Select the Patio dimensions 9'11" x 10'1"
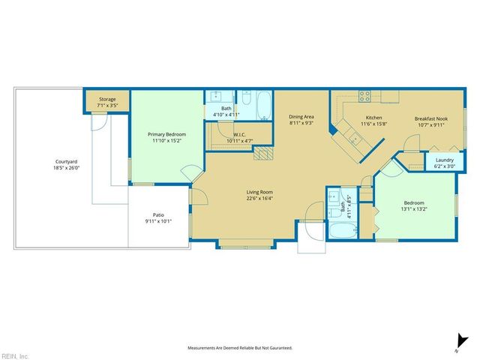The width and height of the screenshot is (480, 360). tap(158, 221)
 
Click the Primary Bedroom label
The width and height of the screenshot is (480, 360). tap(165, 134)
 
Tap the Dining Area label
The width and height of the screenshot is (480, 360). tap(301, 117)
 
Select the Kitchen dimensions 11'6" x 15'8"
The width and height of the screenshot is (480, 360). tap(374, 124)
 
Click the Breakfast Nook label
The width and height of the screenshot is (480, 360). tap(430, 118)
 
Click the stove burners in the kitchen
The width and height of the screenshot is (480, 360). tap(364, 96)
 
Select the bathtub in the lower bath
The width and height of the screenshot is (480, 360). tap(342, 229)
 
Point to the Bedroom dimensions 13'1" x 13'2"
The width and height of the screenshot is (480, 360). tap(414, 209)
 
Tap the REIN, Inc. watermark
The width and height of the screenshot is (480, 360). tap(14, 355)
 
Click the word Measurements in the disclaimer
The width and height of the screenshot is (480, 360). tap(203, 348)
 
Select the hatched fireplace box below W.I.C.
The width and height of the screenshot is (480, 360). tap(262, 153)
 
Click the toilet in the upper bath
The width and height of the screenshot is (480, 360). tap(244, 97)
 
